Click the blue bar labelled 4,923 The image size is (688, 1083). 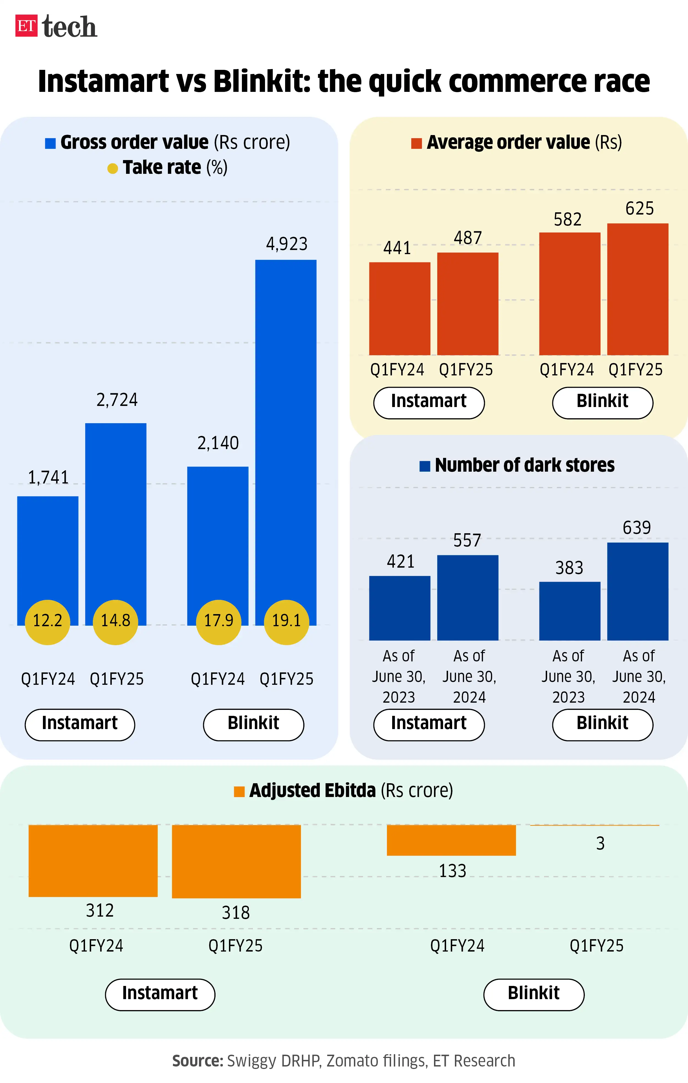click(286, 427)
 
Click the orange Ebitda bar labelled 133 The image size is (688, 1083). click(451, 840)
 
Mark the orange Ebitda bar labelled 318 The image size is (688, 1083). click(236, 861)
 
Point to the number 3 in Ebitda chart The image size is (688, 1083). click(600, 843)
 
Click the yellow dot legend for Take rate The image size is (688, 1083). click(113, 169)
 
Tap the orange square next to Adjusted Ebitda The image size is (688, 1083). click(239, 791)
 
